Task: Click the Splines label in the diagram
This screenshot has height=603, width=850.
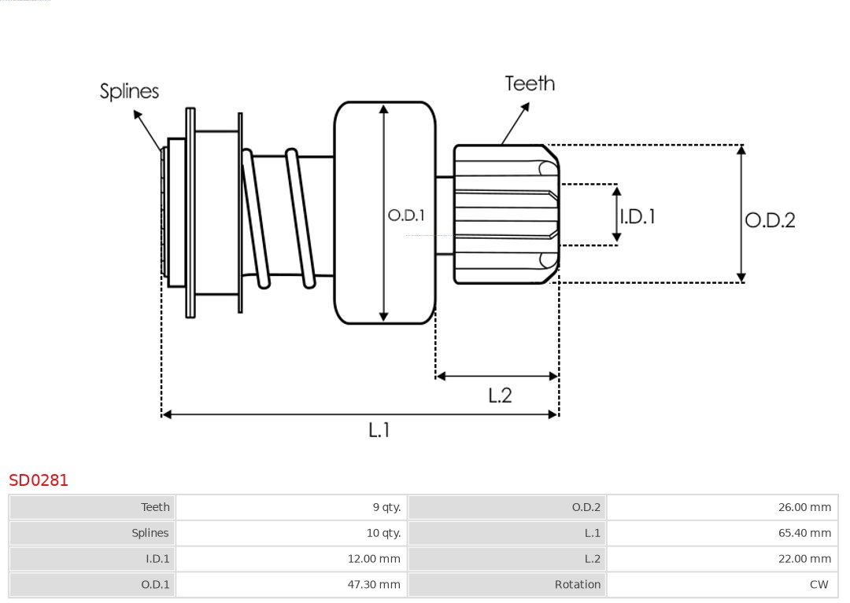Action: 129,91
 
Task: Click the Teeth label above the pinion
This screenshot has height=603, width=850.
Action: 530,83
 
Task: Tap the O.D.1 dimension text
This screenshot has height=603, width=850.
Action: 406,215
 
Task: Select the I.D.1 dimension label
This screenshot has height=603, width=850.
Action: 637,216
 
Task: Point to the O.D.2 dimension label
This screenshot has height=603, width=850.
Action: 770,220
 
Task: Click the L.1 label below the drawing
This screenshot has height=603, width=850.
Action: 379,430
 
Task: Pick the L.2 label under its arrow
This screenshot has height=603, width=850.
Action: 500,395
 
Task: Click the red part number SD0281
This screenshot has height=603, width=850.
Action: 39,480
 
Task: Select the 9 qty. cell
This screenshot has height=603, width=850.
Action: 386,507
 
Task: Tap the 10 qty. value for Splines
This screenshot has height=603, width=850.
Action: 383,533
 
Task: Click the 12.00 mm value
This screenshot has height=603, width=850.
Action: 374,559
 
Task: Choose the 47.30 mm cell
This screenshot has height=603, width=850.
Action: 374,585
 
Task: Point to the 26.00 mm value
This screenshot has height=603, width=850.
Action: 804,507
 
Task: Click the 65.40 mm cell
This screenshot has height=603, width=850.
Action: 804,533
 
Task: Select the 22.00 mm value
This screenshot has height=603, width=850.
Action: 804,559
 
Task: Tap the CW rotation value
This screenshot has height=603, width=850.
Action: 819,585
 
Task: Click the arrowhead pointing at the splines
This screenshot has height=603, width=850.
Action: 138,115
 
